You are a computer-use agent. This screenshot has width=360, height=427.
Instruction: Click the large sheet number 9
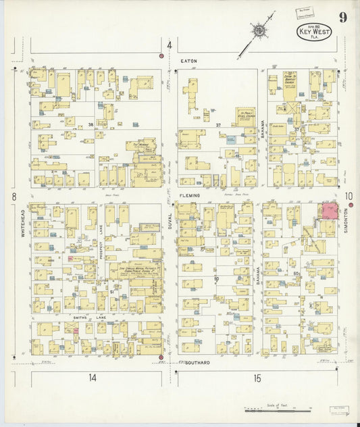[x=344, y=18]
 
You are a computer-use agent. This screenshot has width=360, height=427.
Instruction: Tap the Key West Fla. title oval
[x=311, y=33]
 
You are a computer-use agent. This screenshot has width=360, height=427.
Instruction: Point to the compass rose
[x=258, y=30]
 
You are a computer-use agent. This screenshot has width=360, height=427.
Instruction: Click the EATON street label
[x=189, y=61]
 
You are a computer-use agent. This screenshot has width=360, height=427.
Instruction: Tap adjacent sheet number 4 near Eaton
[x=170, y=46]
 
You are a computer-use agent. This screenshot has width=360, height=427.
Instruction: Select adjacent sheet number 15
[x=257, y=378]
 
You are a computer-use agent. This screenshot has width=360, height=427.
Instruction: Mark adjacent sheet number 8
[x=12, y=197]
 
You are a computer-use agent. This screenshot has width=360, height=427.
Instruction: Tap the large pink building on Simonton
[x=330, y=211]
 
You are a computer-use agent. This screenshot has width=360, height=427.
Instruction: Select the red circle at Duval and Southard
[x=161, y=357]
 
